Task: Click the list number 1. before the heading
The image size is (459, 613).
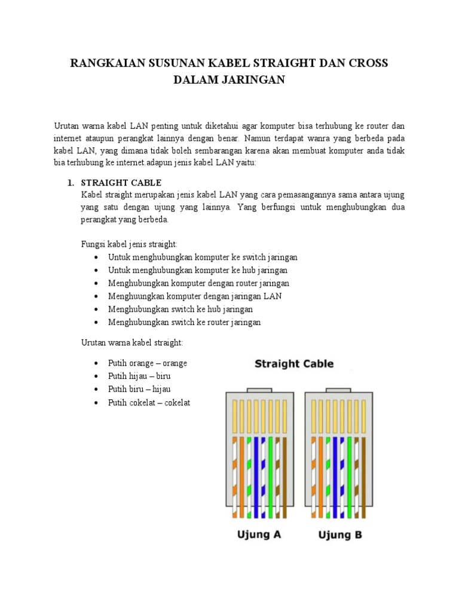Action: pos(70,183)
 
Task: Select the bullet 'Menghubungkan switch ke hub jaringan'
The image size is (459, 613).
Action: pos(180,309)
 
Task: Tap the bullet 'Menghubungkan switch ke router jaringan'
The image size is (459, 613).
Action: pos(185,322)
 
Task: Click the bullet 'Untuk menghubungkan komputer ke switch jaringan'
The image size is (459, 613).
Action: pos(203,257)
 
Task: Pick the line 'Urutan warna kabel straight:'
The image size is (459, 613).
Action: pos(132,342)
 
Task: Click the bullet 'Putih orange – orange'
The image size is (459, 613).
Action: pos(148,363)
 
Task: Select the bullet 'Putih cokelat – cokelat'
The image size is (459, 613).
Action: pos(149,402)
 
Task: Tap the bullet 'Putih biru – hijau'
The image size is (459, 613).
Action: pos(139,389)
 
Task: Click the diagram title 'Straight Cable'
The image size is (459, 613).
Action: pos(294,363)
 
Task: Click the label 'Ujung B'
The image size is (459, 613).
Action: pos(339,535)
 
